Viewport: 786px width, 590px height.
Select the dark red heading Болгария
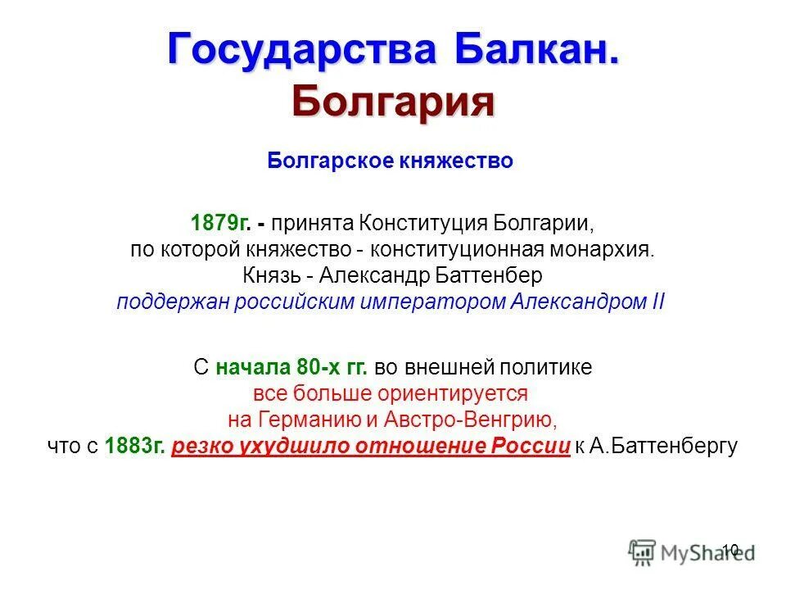(393, 102)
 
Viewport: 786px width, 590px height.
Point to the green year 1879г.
(219, 223)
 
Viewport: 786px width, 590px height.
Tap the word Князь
(271, 275)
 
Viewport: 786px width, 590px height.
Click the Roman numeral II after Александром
(657, 301)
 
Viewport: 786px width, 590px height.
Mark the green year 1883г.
(135, 446)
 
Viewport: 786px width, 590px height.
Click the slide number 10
(730, 550)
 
